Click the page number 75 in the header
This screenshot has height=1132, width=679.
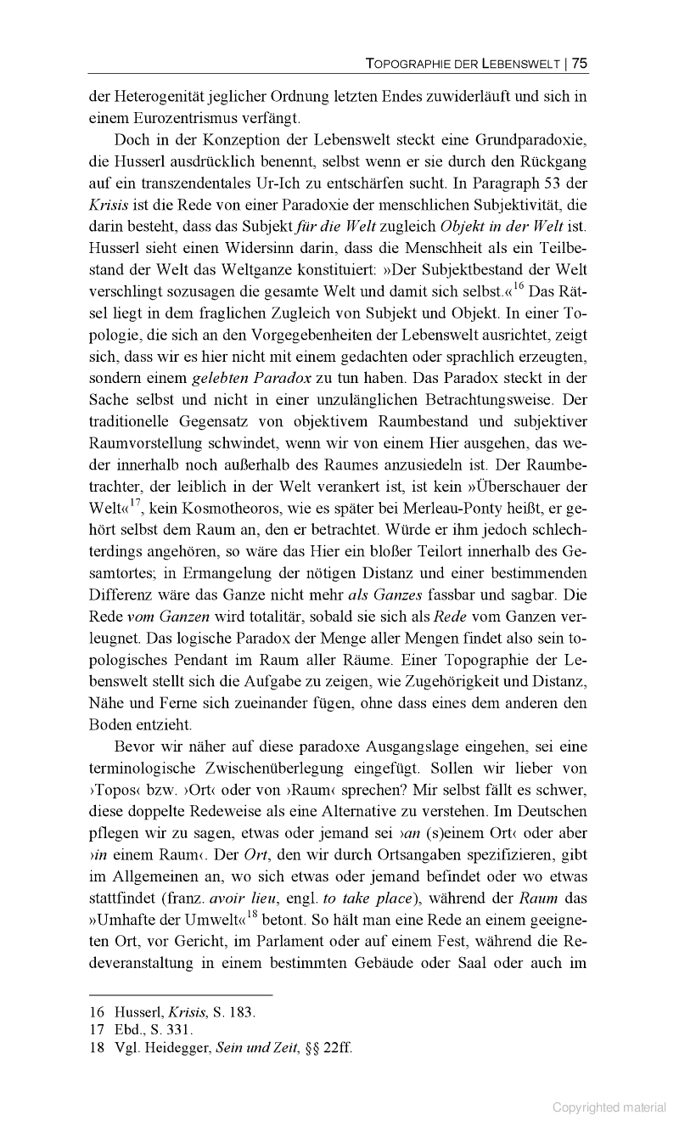(x=580, y=62)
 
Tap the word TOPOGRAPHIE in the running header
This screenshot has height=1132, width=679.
(x=407, y=63)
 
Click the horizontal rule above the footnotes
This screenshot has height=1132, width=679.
(x=181, y=994)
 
